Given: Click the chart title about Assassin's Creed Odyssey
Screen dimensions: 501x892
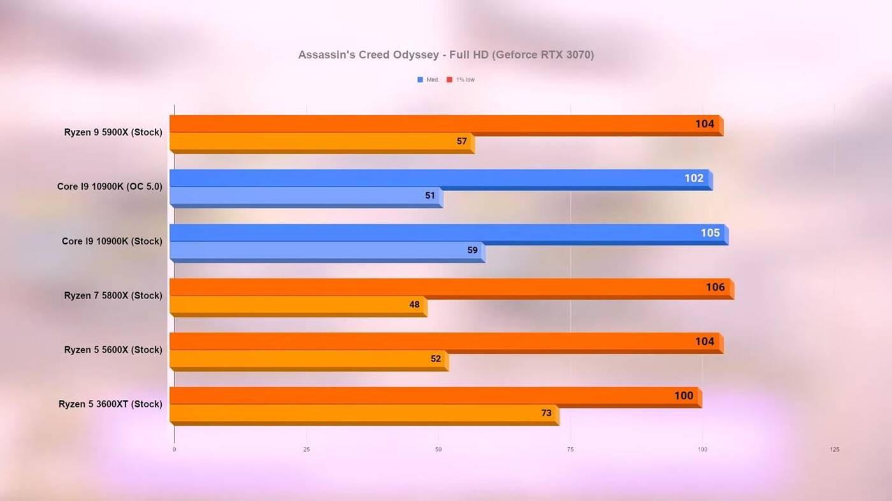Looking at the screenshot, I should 446,55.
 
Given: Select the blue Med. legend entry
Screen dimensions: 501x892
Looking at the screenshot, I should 428,80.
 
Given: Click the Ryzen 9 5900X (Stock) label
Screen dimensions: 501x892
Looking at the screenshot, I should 113,132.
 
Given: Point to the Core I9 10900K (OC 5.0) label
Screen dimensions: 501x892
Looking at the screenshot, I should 110,187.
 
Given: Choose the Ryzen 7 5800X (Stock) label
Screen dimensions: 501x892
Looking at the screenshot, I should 113,295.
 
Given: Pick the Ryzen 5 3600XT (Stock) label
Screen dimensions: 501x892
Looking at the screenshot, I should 110,404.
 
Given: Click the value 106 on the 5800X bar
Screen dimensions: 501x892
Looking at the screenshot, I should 715,287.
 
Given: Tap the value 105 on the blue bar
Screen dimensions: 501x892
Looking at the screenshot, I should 710,233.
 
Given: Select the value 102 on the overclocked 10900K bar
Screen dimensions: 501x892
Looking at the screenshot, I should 694,178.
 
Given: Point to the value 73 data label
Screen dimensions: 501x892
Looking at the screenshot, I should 546,413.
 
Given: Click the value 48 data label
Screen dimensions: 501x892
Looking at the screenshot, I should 414,305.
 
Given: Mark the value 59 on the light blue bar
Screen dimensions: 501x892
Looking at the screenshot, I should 472,250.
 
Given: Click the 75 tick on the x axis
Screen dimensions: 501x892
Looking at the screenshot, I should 570,449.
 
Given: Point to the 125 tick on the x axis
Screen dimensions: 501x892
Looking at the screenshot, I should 834,449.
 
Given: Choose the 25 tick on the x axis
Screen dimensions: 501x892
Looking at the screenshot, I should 306,449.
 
